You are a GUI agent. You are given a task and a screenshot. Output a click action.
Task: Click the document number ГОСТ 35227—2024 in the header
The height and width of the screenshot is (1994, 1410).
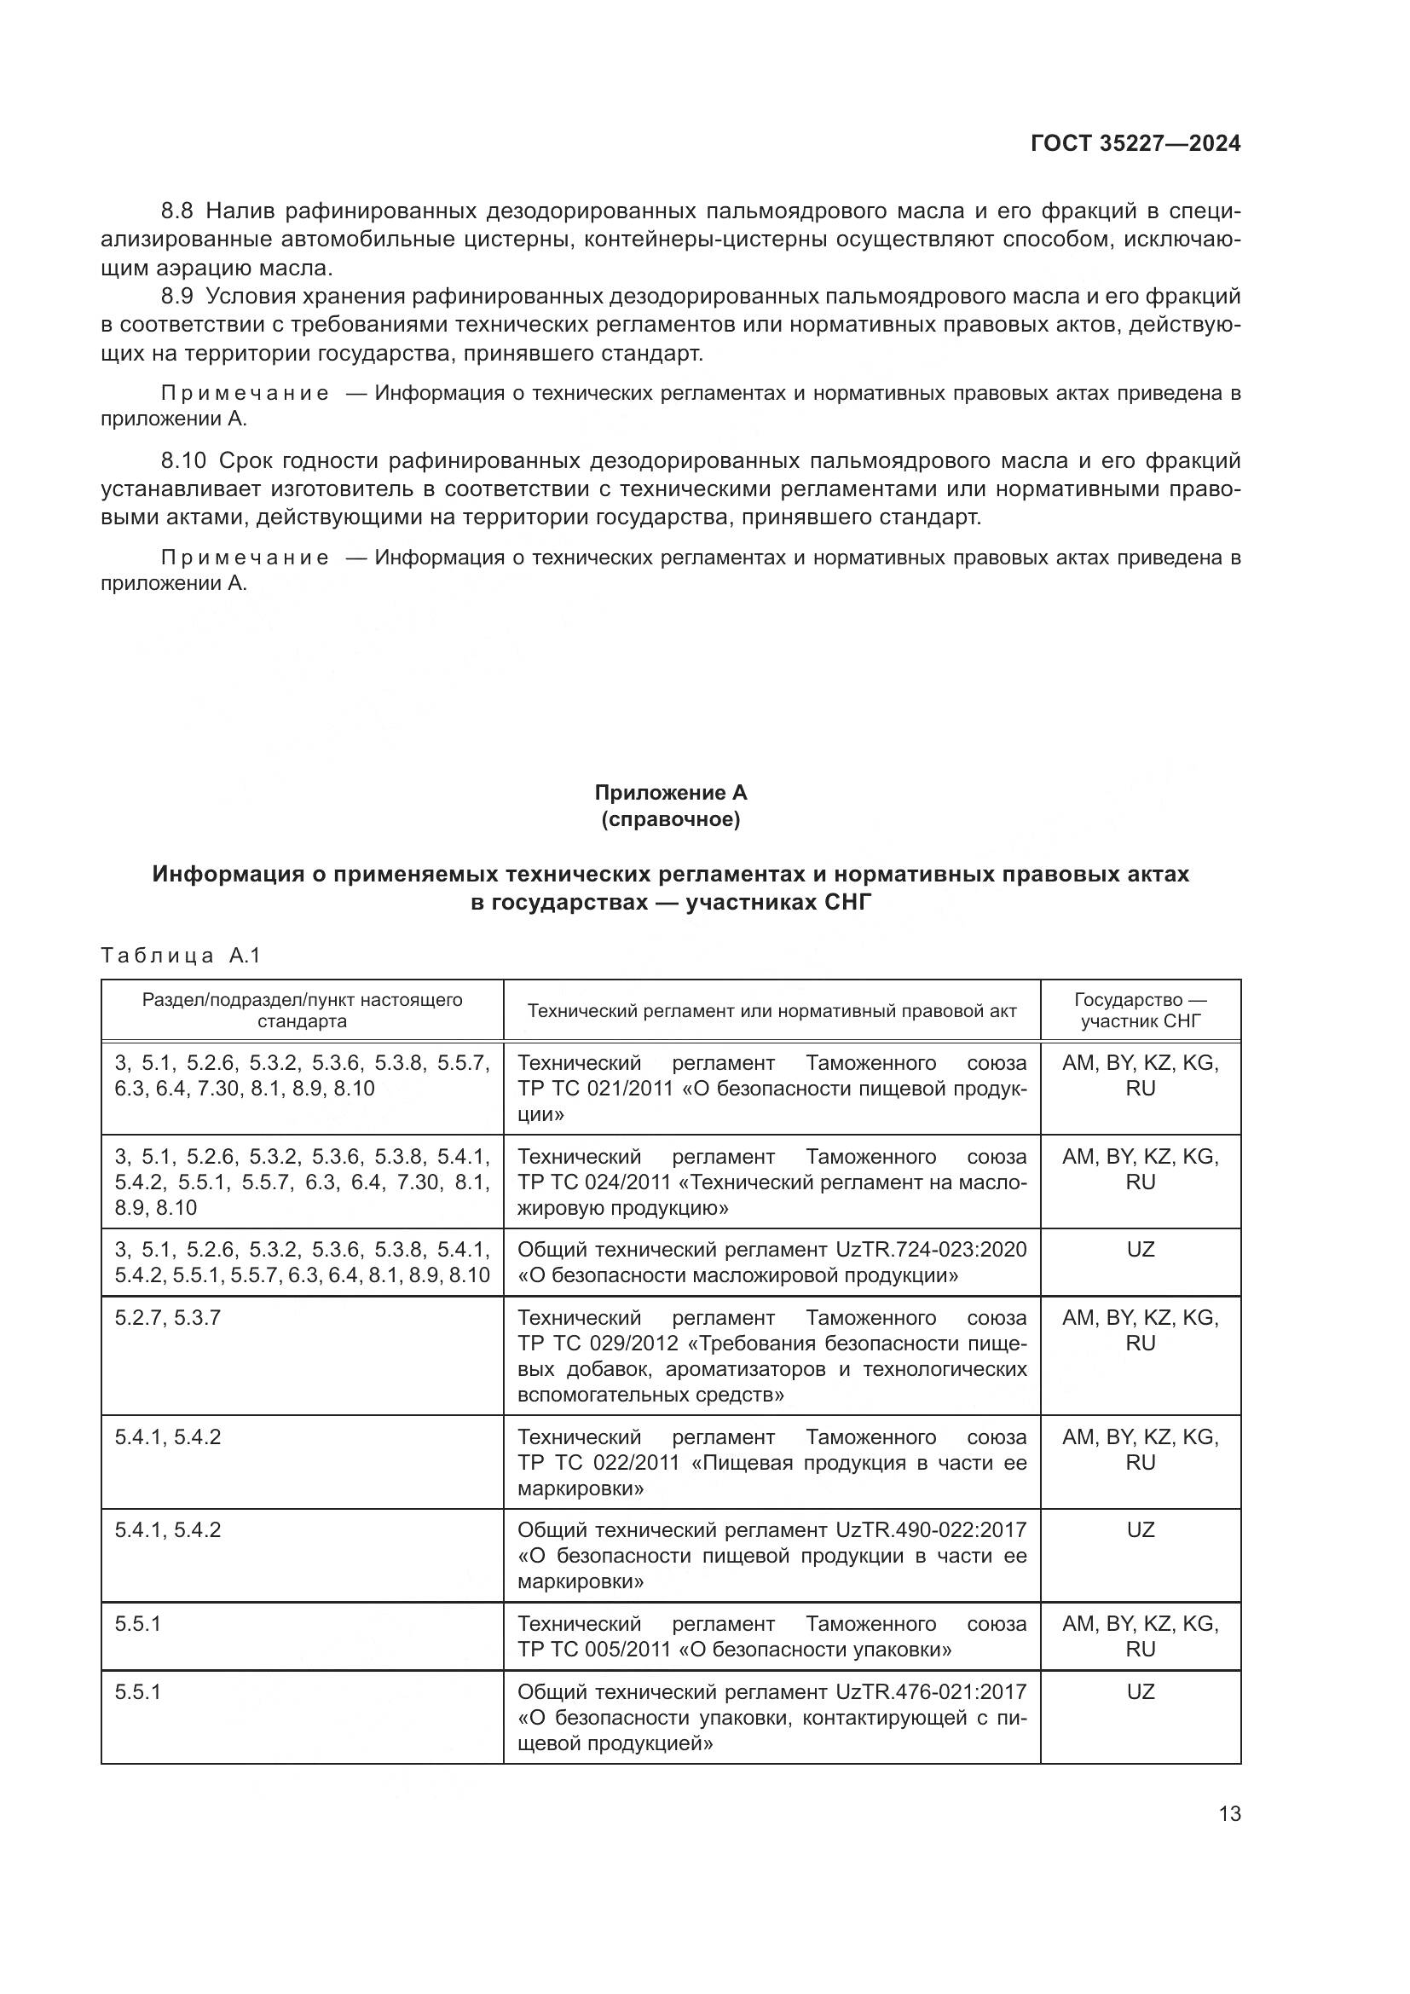(x=1136, y=144)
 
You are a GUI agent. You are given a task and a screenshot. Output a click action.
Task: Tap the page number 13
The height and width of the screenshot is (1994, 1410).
(x=1229, y=1814)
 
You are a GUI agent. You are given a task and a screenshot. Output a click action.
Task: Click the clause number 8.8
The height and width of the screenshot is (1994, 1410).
(x=178, y=211)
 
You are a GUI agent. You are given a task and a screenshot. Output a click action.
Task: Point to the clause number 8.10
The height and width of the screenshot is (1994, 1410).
(x=183, y=460)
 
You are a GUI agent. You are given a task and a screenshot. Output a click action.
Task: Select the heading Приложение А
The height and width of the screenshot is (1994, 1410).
(x=670, y=792)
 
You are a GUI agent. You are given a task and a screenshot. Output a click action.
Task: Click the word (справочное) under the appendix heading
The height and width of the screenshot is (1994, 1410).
(x=670, y=819)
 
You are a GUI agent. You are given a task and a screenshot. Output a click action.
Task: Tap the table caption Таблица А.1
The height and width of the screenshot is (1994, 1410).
(x=181, y=957)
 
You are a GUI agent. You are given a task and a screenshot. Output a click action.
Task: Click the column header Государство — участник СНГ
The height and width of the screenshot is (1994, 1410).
(x=1140, y=1010)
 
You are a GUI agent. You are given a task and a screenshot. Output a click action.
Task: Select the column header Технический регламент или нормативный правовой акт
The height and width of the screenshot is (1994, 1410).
(x=771, y=1011)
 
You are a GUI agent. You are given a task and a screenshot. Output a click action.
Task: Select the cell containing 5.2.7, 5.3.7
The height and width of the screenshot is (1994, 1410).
(x=168, y=1317)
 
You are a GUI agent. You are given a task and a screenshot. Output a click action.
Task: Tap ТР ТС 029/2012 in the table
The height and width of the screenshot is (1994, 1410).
(x=598, y=1344)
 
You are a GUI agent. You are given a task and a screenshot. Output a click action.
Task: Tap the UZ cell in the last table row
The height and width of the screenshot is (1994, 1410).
(x=1140, y=1691)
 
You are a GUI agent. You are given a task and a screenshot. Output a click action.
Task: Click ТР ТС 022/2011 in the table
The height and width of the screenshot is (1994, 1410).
(x=598, y=1463)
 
